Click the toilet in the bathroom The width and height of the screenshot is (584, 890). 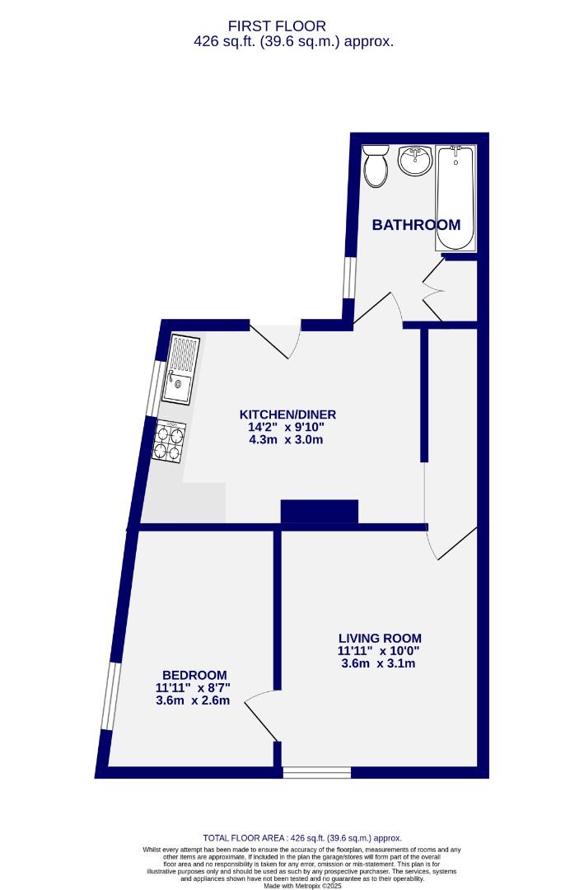click(377, 166)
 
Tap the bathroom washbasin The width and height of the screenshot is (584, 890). click(415, 160)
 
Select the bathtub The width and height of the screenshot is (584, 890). click(456, 198)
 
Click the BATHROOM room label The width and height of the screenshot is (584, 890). click(416, 225)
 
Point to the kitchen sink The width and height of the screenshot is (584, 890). click(181, 370)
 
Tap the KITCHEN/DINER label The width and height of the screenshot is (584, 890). click(287, 415)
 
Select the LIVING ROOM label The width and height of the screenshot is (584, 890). click(380, 638)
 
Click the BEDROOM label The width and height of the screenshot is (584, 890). click(194, 675)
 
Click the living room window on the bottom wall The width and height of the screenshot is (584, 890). click(317, 772)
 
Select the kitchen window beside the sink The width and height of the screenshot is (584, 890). click(154, 387)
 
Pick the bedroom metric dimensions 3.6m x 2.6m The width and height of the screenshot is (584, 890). click(193, 701)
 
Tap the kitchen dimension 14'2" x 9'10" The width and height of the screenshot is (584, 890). click(287, 427)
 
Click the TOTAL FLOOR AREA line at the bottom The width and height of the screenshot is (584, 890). click(303, 838)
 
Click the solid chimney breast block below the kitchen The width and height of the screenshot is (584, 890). click(320, 511)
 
